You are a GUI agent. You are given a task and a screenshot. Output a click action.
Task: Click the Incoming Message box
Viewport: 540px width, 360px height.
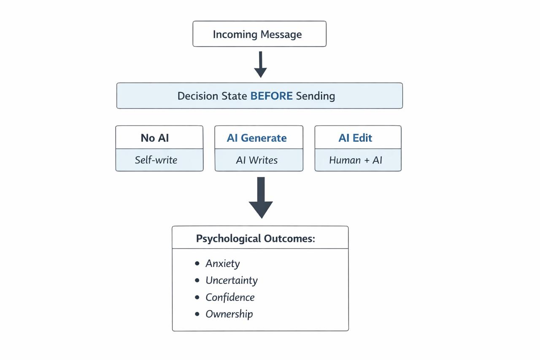259,34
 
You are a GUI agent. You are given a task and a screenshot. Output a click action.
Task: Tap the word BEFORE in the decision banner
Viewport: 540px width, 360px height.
271,96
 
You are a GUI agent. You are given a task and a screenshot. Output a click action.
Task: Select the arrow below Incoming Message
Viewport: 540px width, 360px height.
260,65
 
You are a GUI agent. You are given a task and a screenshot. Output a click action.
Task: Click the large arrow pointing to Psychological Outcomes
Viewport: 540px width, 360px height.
261,198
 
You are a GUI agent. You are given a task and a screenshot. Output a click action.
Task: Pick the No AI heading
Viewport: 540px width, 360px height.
155,138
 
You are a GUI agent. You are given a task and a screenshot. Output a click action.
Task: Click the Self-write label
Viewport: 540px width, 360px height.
156,160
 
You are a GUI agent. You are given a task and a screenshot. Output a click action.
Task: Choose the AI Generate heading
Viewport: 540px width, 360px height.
256,138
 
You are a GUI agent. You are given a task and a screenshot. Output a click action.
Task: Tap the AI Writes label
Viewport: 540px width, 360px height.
256,160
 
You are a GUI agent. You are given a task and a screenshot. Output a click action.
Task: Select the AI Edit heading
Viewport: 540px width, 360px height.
355,138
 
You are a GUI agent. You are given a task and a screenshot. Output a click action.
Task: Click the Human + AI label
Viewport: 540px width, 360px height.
355,160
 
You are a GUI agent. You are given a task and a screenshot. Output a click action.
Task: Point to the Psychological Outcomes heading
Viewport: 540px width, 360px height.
255,238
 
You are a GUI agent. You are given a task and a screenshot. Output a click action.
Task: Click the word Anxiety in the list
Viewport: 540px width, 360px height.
222,264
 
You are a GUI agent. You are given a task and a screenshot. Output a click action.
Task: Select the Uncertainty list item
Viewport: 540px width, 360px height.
231,281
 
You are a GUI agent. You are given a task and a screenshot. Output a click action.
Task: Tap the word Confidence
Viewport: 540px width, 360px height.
230,298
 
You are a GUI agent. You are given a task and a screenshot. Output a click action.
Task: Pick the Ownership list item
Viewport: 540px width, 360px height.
229,314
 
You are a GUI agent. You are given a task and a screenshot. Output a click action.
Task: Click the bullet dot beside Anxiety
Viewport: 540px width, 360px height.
197,263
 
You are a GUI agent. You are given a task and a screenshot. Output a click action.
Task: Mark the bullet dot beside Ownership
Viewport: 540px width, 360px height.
197,314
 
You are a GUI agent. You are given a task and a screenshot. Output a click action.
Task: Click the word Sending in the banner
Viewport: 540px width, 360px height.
315,96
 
